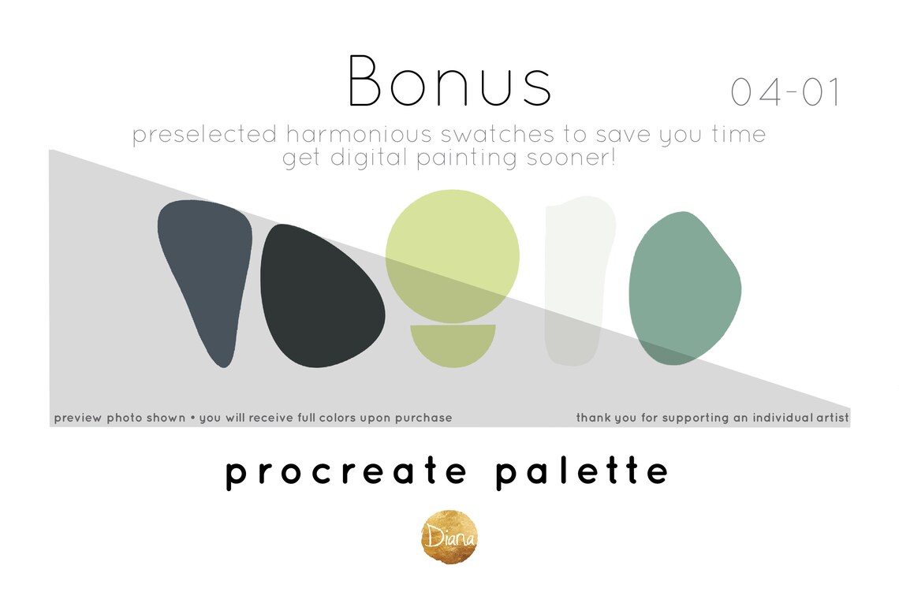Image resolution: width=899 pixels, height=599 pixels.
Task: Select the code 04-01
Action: tap(785, 93)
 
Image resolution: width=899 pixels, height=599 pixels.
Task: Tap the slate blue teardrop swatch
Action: tap(207, 272)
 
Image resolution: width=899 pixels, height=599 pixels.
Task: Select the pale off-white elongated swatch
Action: tap(575, 280)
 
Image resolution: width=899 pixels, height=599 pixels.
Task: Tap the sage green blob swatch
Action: tap(683, 288)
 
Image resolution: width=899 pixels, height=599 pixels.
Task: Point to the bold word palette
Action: tap(583, 472)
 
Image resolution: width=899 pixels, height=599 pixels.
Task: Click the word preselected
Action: tap(204, 135)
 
